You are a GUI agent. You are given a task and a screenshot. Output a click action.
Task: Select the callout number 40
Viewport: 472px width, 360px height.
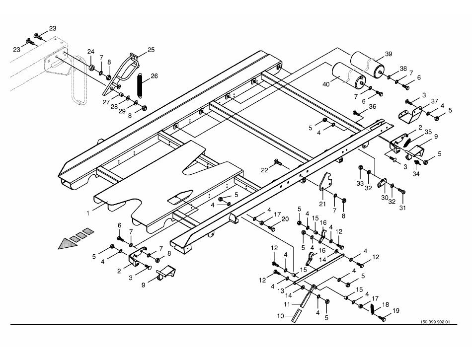[326, 84]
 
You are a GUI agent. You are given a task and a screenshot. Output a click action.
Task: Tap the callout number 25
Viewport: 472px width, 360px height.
[151, 50]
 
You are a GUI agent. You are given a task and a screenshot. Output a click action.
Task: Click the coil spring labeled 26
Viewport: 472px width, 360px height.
[140, 86]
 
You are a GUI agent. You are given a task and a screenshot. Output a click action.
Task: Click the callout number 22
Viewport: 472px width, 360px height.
[265, 170]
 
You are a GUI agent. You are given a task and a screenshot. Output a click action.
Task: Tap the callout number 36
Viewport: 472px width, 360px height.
[372, 106]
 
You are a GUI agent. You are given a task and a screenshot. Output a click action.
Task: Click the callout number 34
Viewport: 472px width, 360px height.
[415, 174]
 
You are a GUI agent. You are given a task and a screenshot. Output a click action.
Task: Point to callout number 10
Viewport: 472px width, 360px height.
[280, 316]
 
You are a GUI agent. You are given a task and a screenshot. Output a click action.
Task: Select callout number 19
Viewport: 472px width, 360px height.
[396, 311]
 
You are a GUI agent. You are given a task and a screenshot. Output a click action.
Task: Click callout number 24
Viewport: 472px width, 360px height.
[91, 52]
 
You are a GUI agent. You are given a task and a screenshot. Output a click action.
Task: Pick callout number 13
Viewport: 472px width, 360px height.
[280, 290]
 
